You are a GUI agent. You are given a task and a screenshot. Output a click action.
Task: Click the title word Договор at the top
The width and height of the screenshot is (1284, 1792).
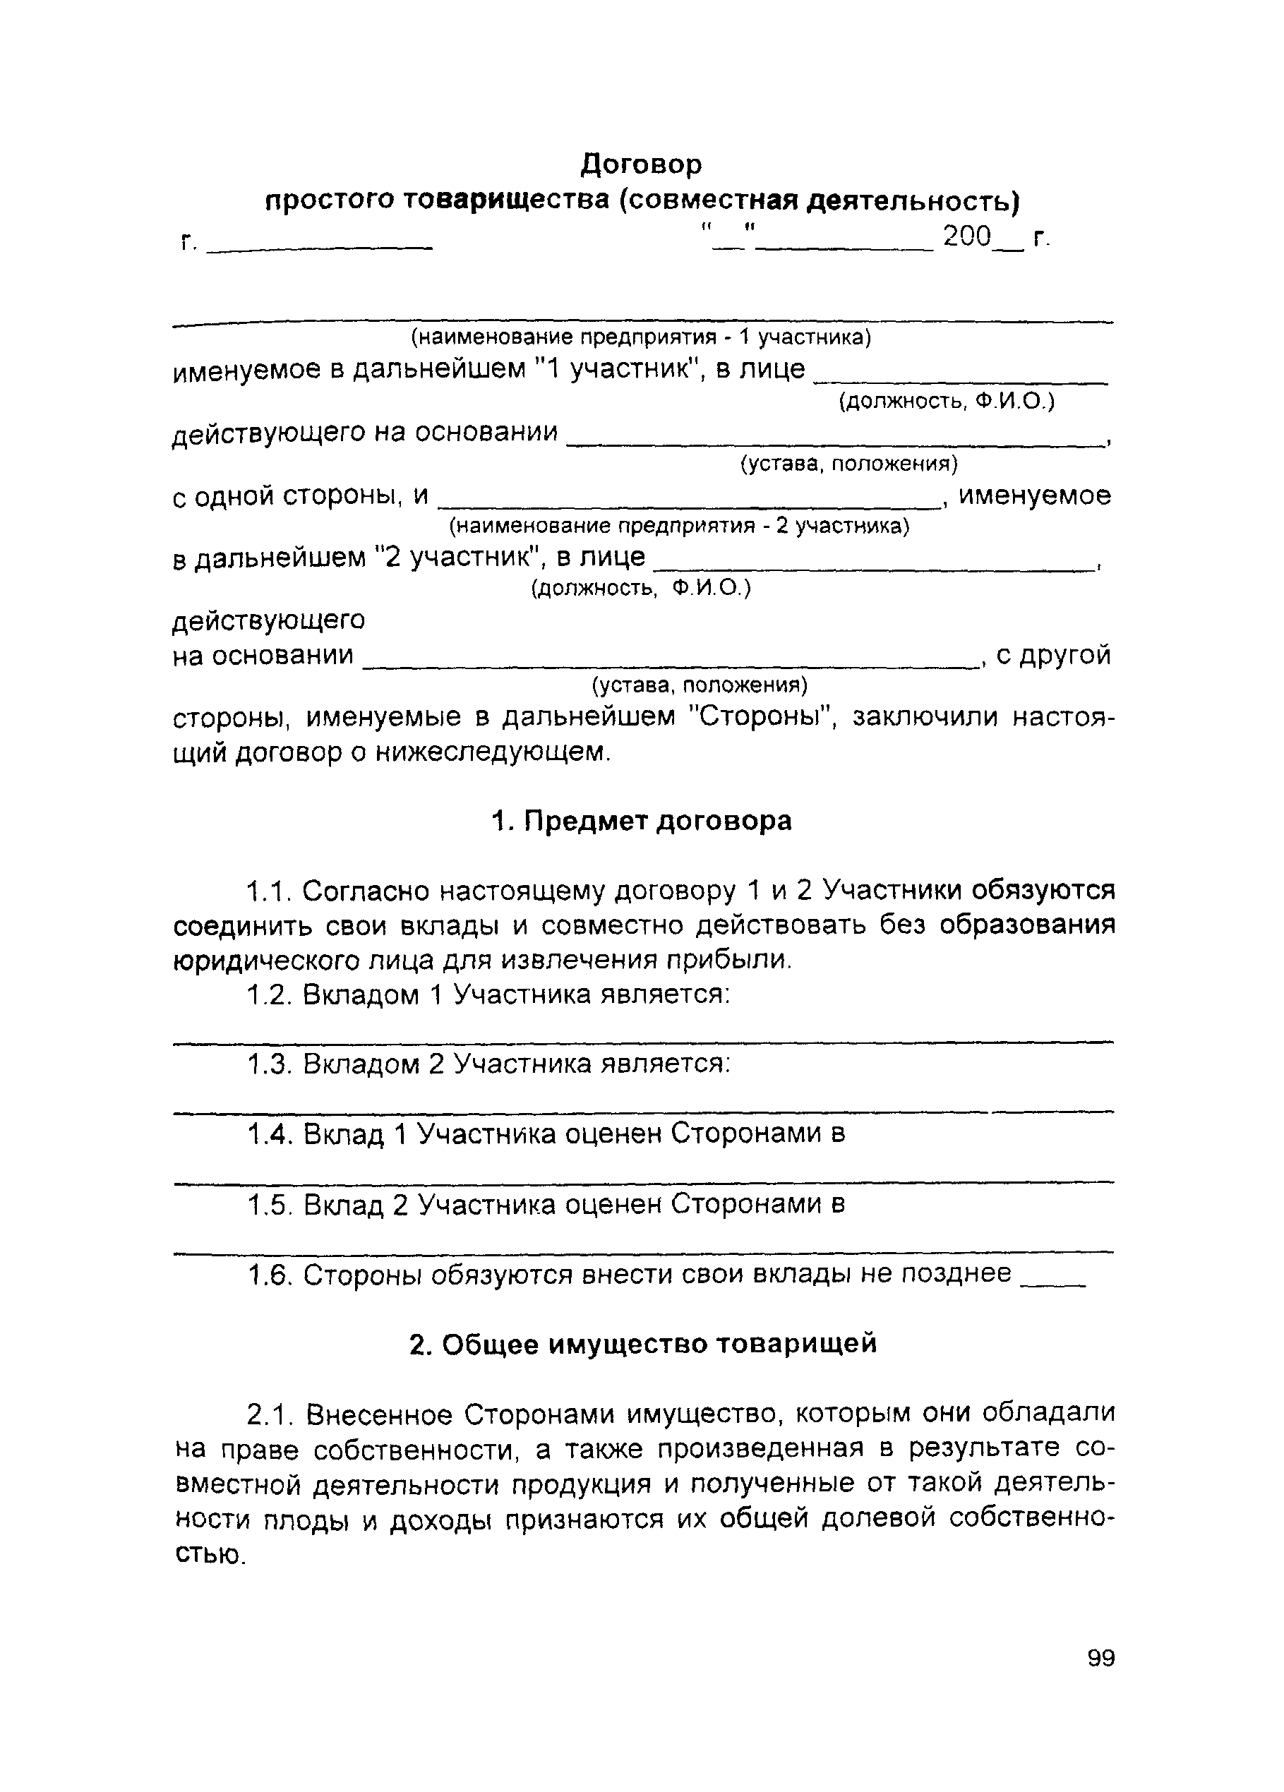[641, 164]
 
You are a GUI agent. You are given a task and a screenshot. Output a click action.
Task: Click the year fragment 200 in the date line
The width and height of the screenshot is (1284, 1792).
[966, 236]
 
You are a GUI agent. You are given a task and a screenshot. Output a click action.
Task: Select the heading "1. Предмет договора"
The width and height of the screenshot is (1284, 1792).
[641, 821]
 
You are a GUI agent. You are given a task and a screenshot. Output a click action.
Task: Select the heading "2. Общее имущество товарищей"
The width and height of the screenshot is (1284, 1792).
[643, 1344]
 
